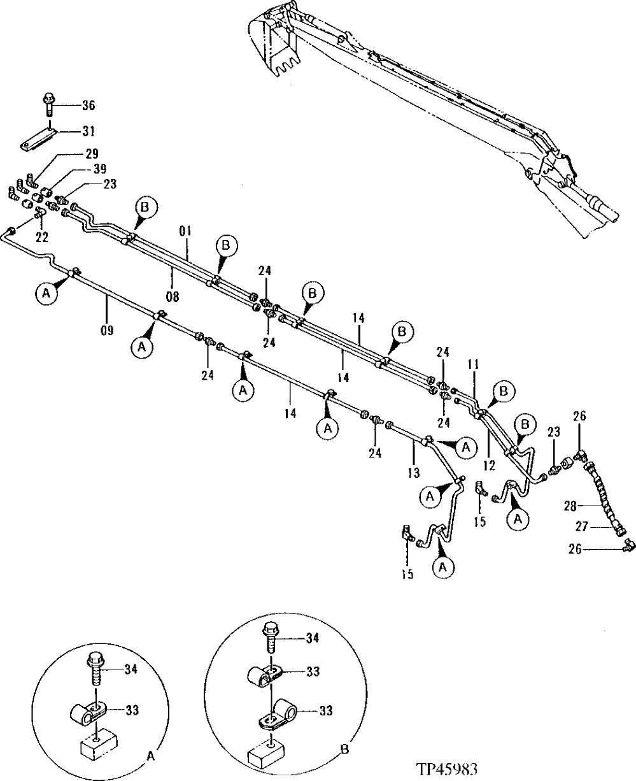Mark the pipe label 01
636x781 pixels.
pyautogui.click(x=185, y=231)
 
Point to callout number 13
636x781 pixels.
pyautogui.click(x=414, y=473)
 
